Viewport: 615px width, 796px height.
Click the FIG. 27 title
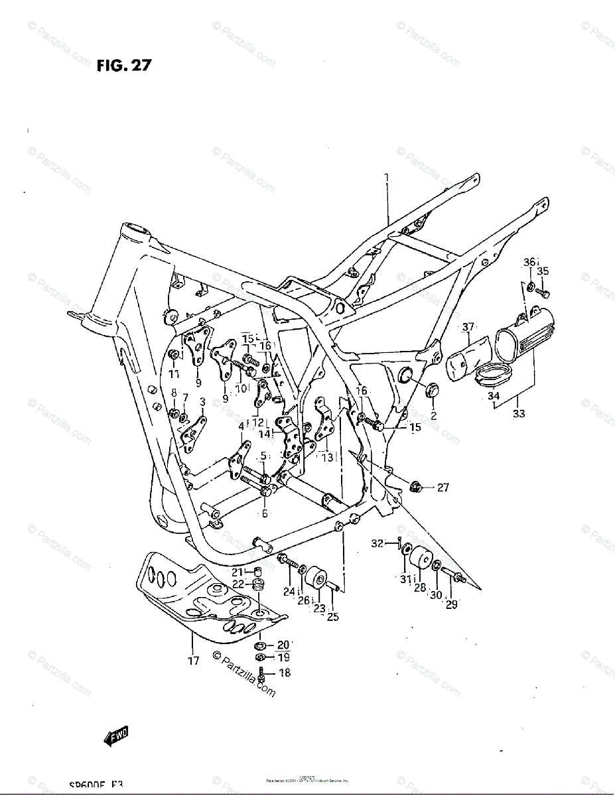124,65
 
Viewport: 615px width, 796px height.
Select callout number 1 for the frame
386,177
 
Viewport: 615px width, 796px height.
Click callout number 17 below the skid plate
193,661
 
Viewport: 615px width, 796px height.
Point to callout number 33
519,413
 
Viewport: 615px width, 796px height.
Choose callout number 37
469,326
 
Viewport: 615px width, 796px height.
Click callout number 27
443,488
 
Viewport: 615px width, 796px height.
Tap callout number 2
433,416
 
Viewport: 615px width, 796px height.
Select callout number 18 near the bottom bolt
285,673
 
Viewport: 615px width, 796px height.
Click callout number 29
451,604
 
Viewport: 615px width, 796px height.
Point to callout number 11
173,373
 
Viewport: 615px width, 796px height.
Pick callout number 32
377,543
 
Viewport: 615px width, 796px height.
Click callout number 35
543,271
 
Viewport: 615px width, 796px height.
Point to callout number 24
289,591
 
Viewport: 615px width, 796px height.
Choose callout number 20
283,644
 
